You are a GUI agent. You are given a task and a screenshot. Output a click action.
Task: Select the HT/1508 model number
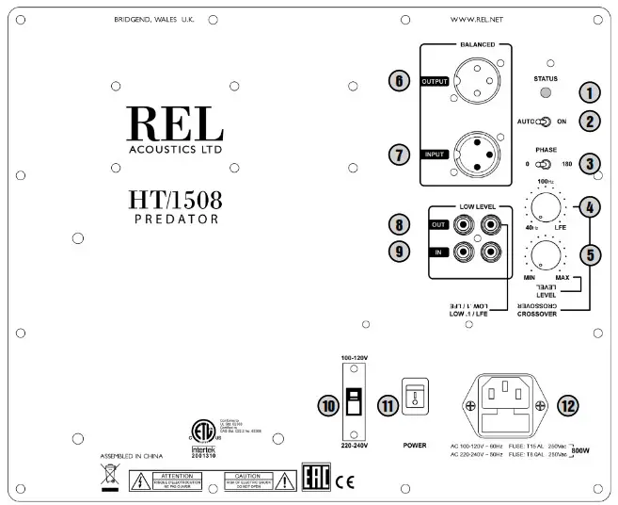(175, 201)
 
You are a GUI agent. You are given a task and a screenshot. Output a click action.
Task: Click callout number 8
(402, 225)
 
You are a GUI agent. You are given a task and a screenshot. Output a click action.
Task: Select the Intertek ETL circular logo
(199, 430)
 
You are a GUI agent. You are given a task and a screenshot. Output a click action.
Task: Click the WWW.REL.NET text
(490, 18)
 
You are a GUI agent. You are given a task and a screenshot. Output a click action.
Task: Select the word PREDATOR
(175, 220)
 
